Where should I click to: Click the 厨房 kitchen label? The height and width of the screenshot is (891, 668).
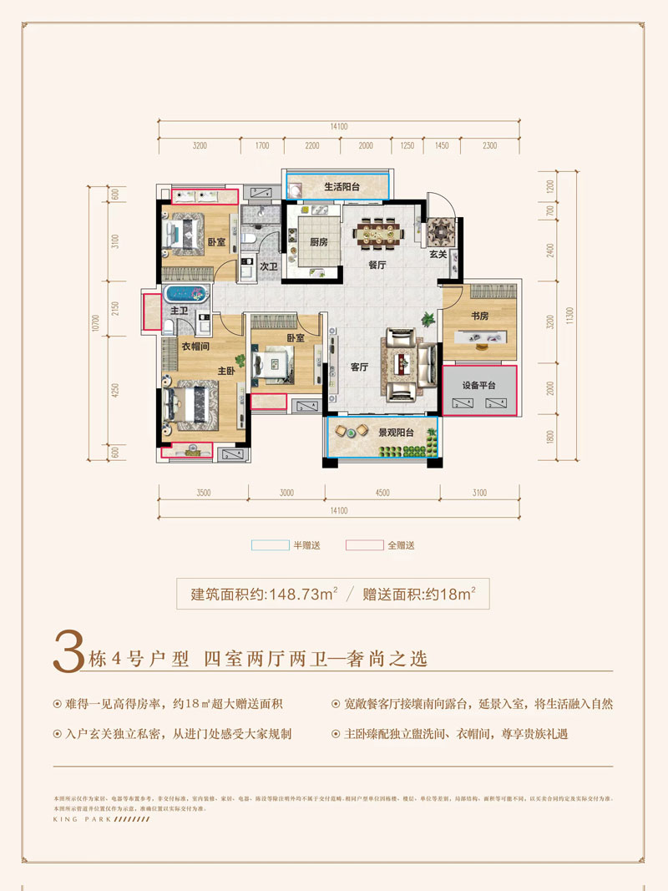318,242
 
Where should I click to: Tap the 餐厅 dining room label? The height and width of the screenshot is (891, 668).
378,265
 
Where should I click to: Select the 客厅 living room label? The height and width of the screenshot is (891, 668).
360,367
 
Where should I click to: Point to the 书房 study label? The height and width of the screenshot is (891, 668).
478,316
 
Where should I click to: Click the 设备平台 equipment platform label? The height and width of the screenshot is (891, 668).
479,385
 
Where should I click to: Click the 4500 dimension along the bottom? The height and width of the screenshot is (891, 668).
382,493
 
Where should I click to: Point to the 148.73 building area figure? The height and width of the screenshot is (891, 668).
297,595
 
